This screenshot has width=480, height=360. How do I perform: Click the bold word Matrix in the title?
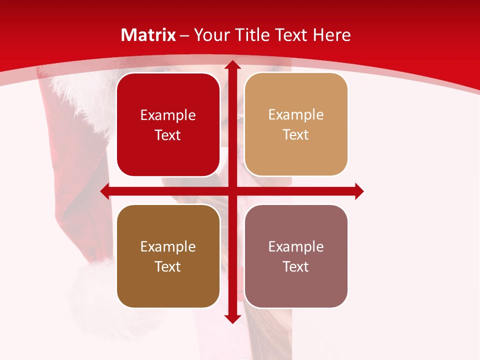(x=148, y=35)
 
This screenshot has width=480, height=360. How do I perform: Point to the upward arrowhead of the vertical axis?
(x=232, y=65)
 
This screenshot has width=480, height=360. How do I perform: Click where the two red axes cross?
(x=232, y=191)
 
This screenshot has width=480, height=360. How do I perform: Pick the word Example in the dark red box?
(x=168, y=115)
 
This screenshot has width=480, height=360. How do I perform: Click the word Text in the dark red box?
(x=168, y=135)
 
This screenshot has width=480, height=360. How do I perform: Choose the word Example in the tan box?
(x=296, y=115)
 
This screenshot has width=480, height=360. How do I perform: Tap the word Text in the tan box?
(x=296, y=134)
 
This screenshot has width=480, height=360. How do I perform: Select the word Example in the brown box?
(x=168, y=247)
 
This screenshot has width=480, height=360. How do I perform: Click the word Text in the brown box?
(x=168, y=266)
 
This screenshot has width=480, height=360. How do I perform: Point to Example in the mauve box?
(x=296, y=247)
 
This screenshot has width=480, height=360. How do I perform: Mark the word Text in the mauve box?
(x=296, y=266)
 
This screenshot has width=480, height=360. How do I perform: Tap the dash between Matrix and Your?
(x=184, y=35)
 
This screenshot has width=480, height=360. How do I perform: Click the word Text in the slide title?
(x=291, y=35)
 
